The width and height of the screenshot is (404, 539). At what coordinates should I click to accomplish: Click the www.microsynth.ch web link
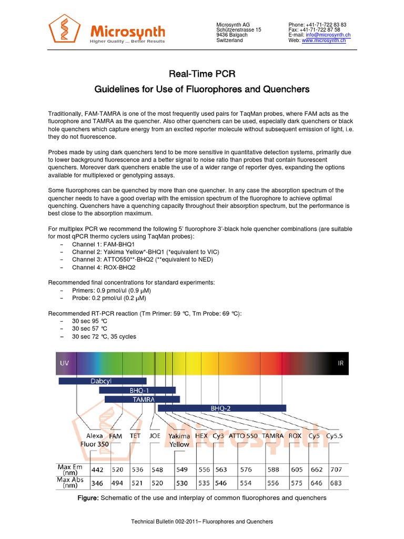click(324, 41)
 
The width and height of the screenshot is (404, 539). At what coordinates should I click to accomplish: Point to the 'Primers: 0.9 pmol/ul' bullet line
click(109, 291)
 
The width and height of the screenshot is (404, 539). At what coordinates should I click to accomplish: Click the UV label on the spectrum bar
click(65, 363)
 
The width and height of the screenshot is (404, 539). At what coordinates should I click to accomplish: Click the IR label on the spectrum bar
click(340, 363)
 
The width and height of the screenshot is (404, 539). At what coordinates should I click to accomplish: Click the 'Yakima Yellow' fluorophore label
click(179, 440)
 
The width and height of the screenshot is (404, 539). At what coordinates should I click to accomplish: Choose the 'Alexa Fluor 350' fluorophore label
click(95, 440)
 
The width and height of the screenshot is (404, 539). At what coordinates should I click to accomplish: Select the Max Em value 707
click(336, 469)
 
